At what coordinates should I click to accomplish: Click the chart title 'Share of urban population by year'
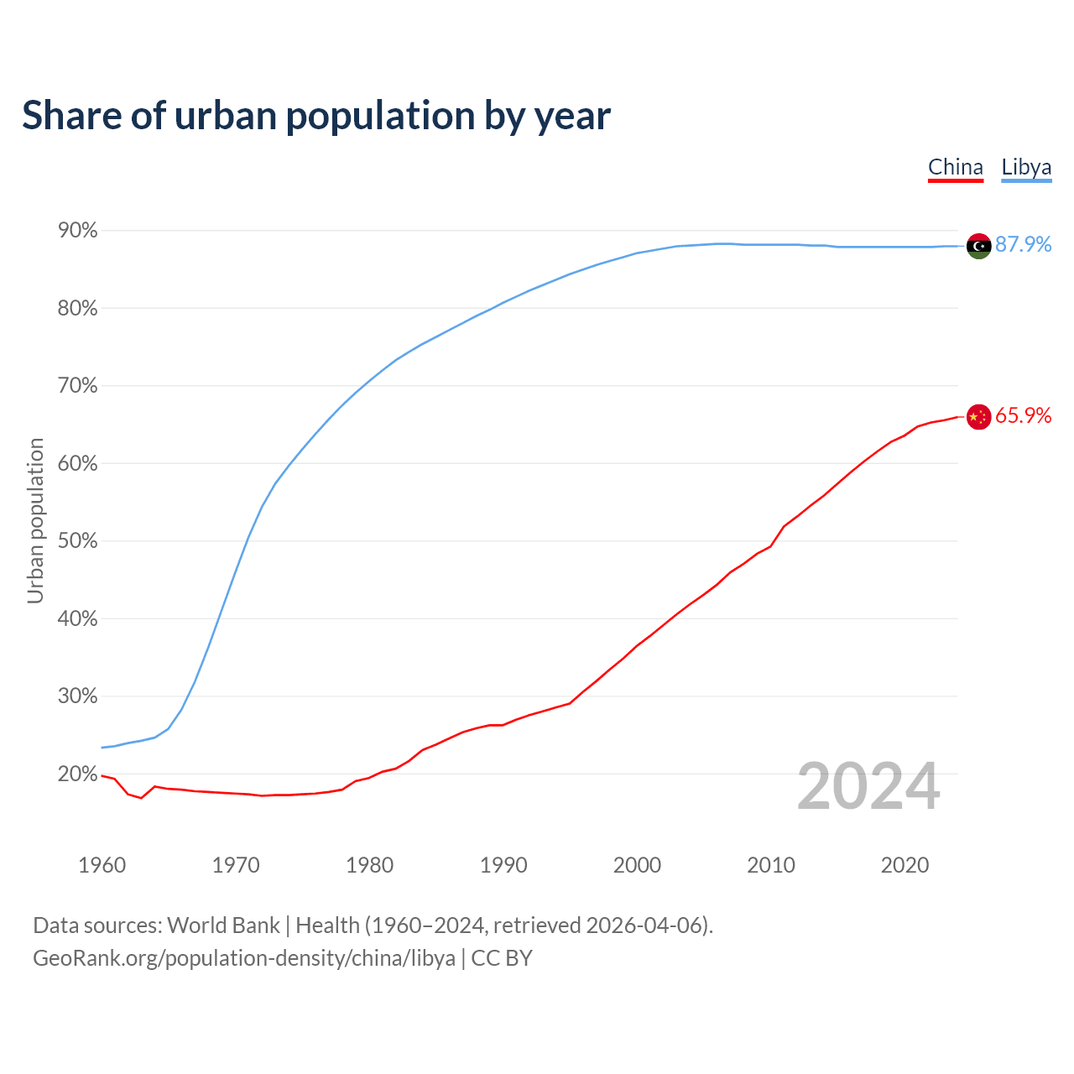coord(316,115)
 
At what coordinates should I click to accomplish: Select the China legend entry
coord(955,167)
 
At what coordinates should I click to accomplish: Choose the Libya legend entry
coord(1026,167)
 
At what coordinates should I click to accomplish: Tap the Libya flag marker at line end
coord(978,246)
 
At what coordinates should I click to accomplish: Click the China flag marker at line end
coord(978,416)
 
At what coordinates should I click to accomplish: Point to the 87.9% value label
coord(1023,244)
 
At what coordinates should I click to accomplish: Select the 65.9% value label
coord(1023,415)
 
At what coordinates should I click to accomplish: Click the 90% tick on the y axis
coord(77,230)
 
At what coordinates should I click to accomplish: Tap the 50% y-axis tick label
coord(77,541)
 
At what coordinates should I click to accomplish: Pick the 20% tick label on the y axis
coord(77,774)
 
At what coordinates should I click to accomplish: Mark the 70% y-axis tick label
coord(77,386)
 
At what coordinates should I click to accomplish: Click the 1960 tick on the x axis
coord(102,865)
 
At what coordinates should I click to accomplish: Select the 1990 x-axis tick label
coord(503,865)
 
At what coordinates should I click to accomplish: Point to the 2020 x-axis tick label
coord(905,865)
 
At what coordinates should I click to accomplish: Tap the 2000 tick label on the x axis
coord(637,865)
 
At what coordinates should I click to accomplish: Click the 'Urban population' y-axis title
coord(35,520)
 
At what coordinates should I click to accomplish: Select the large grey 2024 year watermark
coord(868,786)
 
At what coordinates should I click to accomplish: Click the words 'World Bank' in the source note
coord(223,925)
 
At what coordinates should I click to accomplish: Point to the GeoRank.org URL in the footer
coord(244,958)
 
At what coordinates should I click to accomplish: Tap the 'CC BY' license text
coord(502,958)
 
